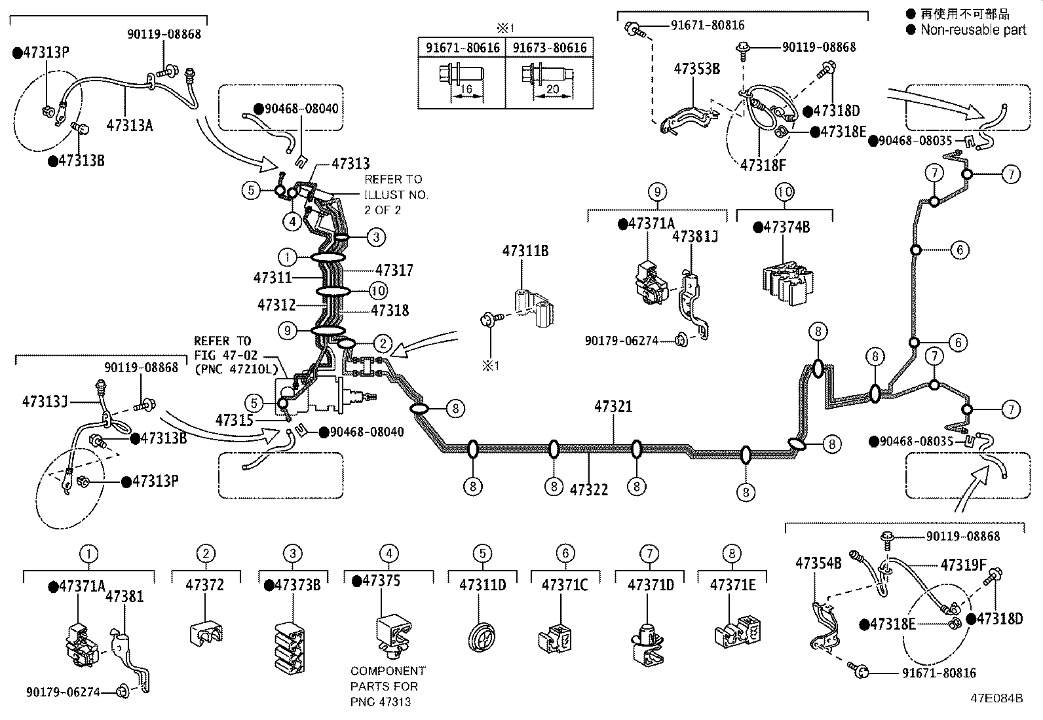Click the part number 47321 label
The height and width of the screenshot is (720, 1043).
pos(613,407)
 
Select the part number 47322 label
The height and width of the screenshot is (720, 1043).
pos(589,489)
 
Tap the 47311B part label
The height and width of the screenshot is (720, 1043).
pos(525,251)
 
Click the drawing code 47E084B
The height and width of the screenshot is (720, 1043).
pos(996,698)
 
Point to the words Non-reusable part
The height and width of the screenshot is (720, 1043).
pos(973,29)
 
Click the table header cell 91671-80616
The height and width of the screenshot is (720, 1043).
pos(463,48)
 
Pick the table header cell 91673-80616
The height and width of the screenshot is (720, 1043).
pos(550,48)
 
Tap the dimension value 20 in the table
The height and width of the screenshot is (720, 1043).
pos(553,88)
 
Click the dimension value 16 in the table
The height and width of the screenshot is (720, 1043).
pos(466,88)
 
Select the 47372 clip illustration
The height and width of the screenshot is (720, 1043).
pos(206,632)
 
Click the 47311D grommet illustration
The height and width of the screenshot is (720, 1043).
pos(482,637)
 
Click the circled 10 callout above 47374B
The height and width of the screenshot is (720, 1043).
pos(785,192)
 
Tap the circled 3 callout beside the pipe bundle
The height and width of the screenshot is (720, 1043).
pos(376,237)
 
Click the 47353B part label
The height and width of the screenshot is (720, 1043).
pos(697,69)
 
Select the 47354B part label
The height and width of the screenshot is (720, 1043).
pos(818,563)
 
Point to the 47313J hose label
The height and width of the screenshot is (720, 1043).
pos(45,402)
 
